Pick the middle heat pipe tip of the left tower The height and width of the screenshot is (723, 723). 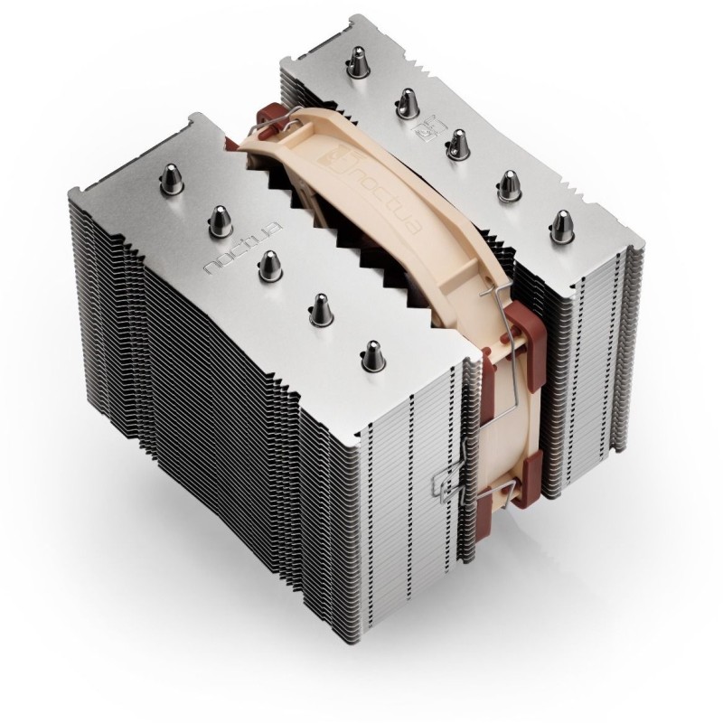268,263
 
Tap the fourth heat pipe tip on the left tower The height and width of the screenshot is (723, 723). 321,307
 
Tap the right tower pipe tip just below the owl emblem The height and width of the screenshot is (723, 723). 457,140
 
